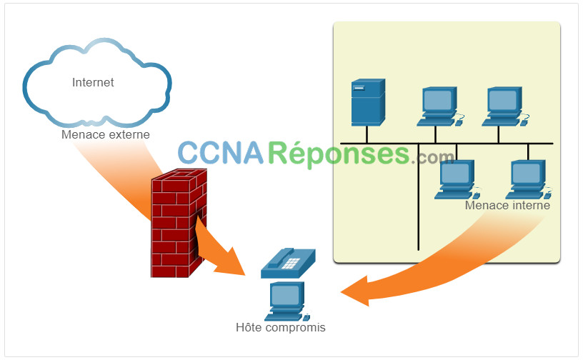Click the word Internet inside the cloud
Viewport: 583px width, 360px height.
pyautogui.click(x=93, y=82)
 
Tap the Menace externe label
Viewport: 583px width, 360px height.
pyautogui.click(x=106, y=134)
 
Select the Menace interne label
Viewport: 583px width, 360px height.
pyautogui.click(x=507, y=205)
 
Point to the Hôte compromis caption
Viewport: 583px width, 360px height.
pyautogui.click(x=281, y=327)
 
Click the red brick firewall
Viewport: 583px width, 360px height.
pyautogui.click(x=179, y=223)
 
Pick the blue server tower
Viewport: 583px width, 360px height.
pyautogui.click(x=368, y=102)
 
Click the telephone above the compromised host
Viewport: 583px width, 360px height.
pyautogui.click(x=288, y=263)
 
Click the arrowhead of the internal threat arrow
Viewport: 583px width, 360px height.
pyautogui.click(x=356, y=291)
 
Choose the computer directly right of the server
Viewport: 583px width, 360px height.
pyautogui.click(x=440, y=106)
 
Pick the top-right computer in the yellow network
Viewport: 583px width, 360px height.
pyautogui.click(x=505, y=106)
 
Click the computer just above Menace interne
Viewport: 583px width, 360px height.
pyautogui.click(x=529, y=179)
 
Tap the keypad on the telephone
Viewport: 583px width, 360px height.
pyautogui.click(x=291, y=264)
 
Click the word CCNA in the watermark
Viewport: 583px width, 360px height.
pyautogui.click(x=221, y=152)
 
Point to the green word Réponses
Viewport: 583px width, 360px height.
pyautogui.click(x=339, y=154)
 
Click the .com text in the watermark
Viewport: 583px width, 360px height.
pyautogui.click(x=432, y=157)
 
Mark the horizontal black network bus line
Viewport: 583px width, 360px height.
pyautogui.click(x=447, y=143)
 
